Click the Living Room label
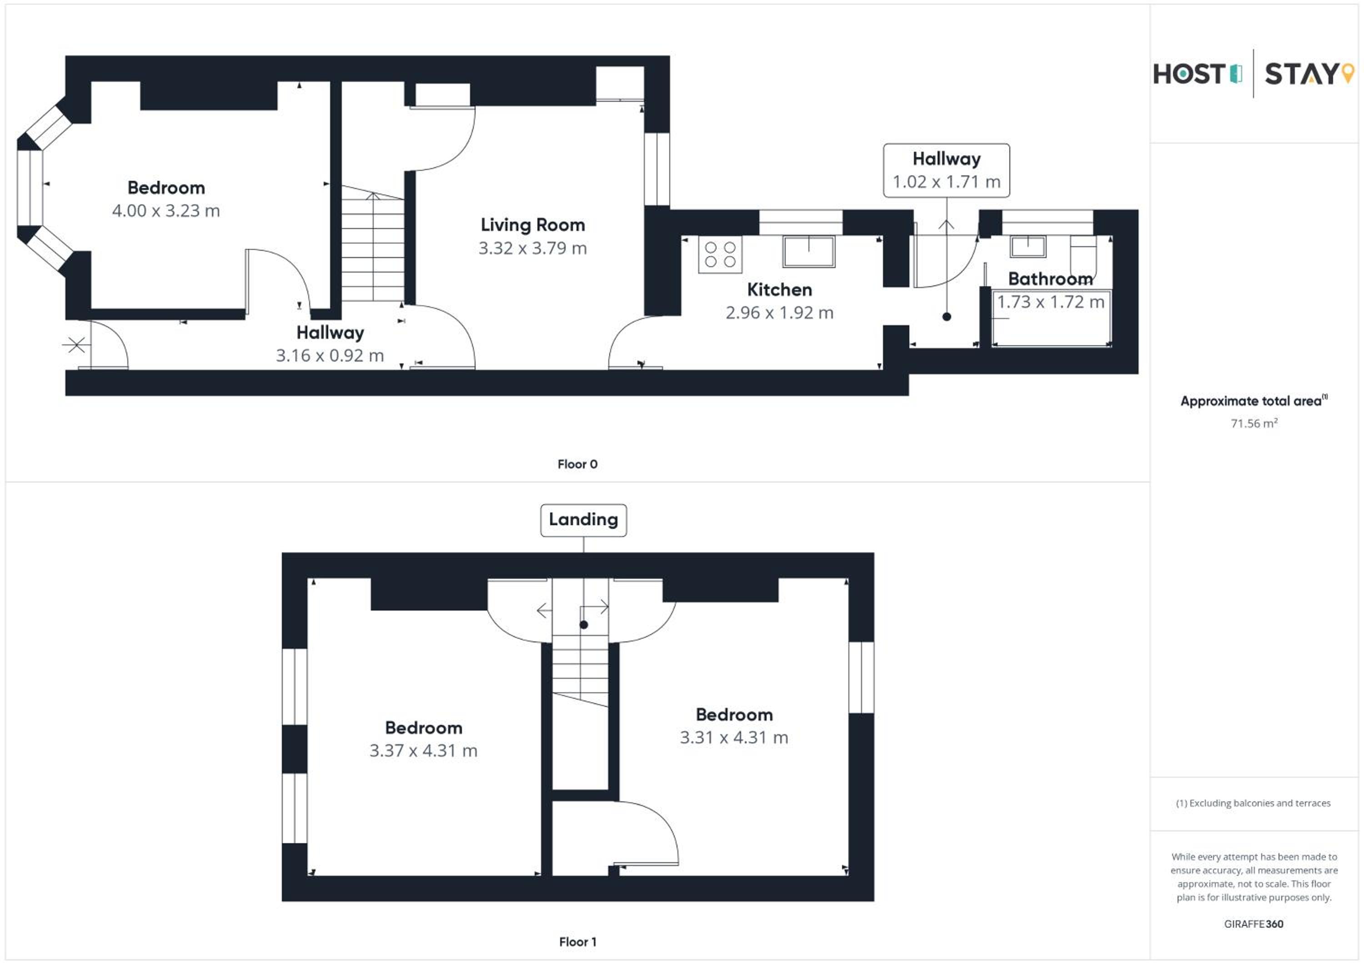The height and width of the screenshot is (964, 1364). (533, 225)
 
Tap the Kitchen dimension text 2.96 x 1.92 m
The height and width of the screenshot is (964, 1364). (779, 313)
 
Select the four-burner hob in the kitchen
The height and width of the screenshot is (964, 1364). (720, 254)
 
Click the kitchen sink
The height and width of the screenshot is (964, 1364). (808, 251)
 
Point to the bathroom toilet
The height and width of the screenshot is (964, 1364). (1083, 255)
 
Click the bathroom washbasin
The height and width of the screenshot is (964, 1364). (1028, 246)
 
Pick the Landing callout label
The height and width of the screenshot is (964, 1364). (583, 520)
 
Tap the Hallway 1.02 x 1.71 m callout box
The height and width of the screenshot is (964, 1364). (946, 170)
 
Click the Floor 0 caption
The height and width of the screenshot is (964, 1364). (577, 464)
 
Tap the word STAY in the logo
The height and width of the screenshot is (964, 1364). (1300, 74)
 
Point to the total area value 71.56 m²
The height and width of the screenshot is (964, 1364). (1254, 423)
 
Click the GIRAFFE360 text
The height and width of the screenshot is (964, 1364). (1254, 924)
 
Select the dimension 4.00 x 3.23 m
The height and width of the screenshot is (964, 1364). (166, 211)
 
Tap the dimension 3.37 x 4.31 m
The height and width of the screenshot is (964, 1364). (424, 751)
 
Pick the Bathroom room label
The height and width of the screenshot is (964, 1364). (1050, 279)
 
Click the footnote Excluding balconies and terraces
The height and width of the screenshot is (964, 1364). (1254, 803)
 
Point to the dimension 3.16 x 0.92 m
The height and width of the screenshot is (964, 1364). (330, 356)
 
